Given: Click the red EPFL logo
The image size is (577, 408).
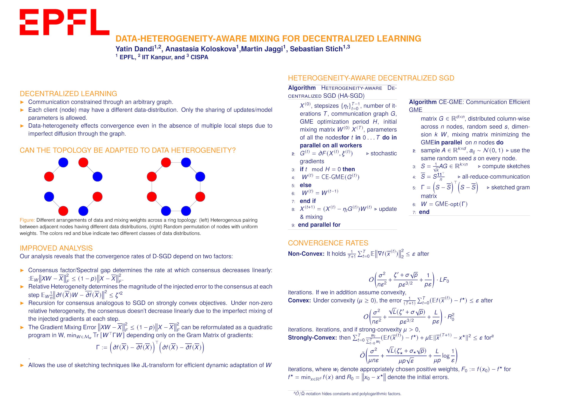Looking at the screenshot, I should (x=64, y=22).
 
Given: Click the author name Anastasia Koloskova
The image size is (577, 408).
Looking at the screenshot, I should (x=201, y=49).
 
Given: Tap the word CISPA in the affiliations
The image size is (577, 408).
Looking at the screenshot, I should (x=199, y=57).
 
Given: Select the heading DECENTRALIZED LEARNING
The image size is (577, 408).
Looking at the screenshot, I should (x=68, y=94).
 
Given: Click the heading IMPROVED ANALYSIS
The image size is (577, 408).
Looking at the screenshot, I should (x=56, y=248).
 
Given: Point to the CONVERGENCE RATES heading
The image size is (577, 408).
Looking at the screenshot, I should (x=328, y=243).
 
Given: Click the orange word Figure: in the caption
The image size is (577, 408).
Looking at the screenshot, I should (x=27, y=220).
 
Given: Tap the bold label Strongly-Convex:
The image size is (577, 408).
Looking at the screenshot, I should (x=312, y=338).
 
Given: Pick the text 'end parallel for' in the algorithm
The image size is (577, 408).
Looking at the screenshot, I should (x=319, y=225).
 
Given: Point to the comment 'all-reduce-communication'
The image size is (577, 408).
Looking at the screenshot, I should (x=496, y=177).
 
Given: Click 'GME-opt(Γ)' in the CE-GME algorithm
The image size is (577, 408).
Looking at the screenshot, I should (x=451, y=204).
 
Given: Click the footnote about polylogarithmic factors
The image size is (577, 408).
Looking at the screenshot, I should (x=347, y=394).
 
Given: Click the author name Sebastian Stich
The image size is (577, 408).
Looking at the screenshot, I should (x=316, y=49).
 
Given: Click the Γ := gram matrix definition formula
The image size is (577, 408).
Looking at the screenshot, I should (x=150, y=348).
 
